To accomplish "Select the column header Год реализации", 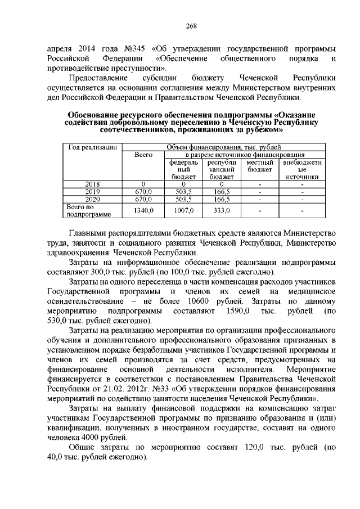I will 92,147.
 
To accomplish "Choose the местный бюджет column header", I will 259,165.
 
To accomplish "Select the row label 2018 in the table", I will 92,184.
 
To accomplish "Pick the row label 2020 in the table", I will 92,199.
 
